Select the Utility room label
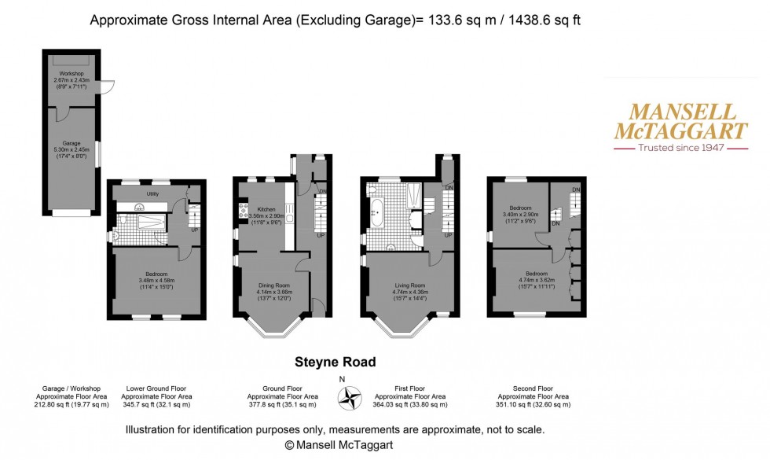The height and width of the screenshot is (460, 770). tap(152, 193)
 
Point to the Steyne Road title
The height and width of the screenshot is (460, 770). tap(335, 362)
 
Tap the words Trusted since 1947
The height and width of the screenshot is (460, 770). tap(680, 148)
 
